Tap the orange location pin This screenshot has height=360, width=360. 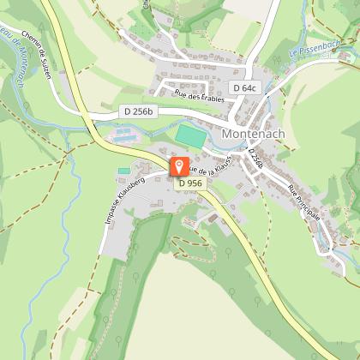(178, 167)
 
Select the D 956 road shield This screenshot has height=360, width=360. (189, 183)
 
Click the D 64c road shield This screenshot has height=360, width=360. (244, 88)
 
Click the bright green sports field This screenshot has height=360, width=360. (189, 134)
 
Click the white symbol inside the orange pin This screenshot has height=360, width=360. (178, 165)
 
